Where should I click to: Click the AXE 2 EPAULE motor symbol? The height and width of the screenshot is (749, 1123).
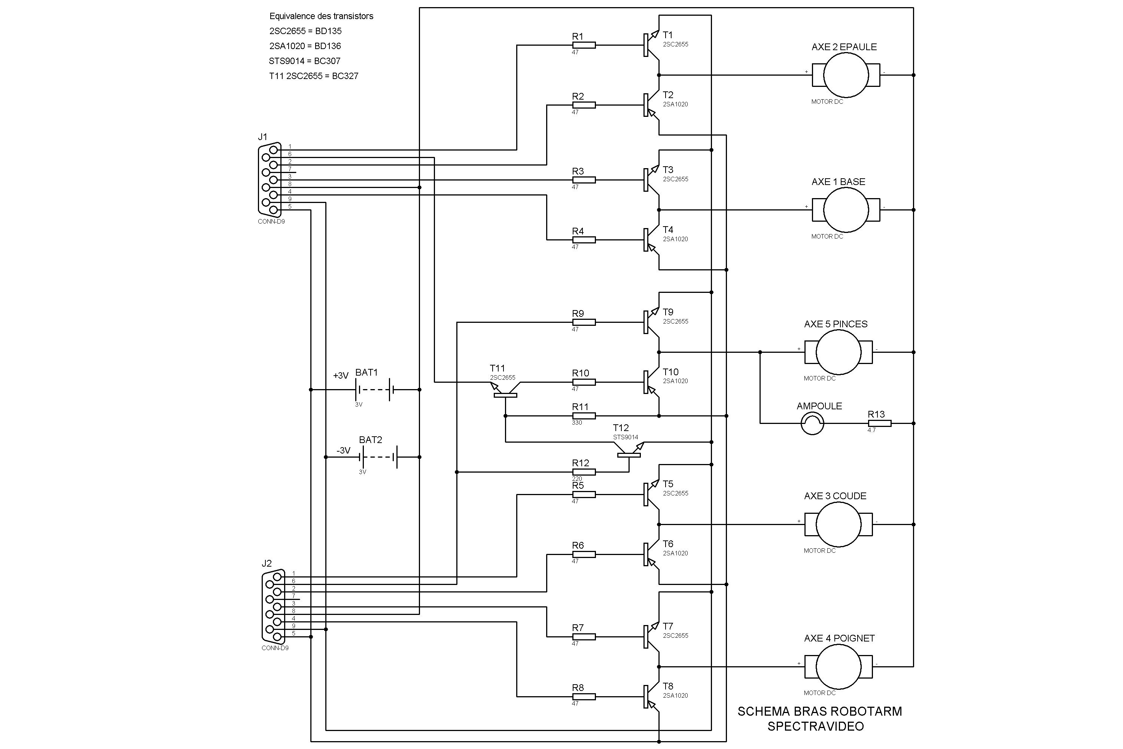click(846, 75)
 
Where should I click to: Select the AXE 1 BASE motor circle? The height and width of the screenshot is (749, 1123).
click(846, 210)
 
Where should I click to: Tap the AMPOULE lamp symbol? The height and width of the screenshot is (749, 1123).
click(812, 423)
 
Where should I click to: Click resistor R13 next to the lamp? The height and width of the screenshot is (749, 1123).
click(879, 423)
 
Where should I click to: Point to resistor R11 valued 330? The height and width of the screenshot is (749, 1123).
click(584, 416)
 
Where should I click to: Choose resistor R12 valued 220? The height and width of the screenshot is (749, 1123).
click(584, 472)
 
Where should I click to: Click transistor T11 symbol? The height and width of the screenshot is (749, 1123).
click(505, 389)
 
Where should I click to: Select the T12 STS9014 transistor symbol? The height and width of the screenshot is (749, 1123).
click(629, 450)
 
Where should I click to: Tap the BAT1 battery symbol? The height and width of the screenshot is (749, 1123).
click(374, 390)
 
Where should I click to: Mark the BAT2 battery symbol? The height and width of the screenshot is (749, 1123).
click(378, 457)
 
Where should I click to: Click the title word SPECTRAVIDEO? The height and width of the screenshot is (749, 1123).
click(816, 727)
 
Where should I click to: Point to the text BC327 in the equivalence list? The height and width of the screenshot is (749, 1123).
click(345, 76)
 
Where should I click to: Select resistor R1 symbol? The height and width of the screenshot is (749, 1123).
click(584, 45)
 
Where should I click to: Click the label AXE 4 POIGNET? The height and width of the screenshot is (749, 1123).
click(839, 638)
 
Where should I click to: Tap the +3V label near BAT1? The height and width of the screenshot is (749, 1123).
click(341, 376)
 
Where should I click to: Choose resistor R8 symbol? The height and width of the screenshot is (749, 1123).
click(584, 697)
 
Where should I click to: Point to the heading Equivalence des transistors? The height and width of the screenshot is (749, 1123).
click(321, 16)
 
